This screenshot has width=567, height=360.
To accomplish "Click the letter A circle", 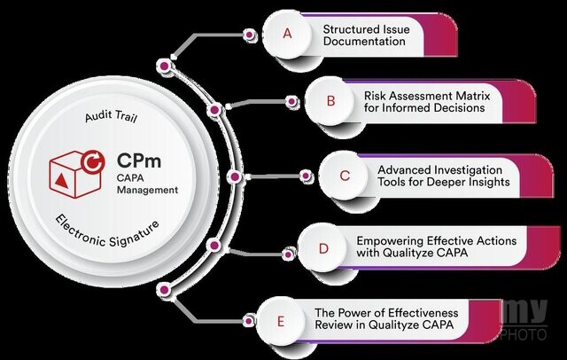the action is [x=287, y=35].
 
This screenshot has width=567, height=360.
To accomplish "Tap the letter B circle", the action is [x=330, y=101].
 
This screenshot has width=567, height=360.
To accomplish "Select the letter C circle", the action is [x=344, y=176].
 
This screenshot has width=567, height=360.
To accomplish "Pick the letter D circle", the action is [x=322, y=248].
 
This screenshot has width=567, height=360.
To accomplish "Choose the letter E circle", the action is [x=281, y=321].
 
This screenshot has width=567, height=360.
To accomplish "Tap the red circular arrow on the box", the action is [x=93, y=161].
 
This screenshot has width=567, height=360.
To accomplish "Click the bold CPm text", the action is [x=139, y=160].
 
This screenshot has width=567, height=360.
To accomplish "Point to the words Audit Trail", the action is [x=111, y=116].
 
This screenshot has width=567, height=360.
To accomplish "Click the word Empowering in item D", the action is [x=390, y=241].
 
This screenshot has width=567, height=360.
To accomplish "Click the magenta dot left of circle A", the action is [x=249, y=35].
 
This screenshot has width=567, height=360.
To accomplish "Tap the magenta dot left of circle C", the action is [x=306, y=176].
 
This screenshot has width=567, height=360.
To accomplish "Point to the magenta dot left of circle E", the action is [x=248, y=321].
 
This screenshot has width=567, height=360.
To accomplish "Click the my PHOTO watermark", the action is [x=524, y=320].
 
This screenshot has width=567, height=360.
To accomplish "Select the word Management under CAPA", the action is [x=148, y=190].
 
